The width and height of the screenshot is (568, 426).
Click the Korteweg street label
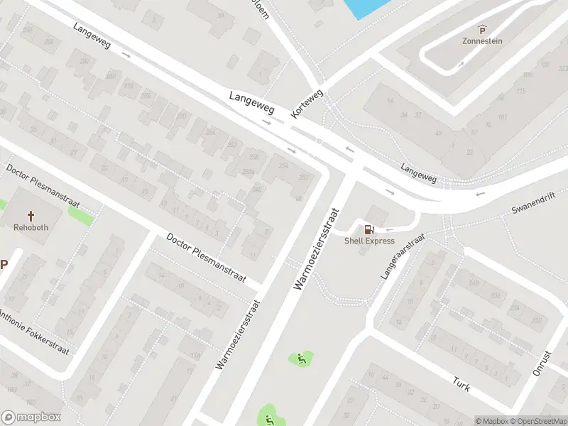[x=307, y=104]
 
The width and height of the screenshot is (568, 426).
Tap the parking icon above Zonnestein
[x=483, y=29]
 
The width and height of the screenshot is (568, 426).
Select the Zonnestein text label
[x=483, y=40]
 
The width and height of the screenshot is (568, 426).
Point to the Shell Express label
[x=369, y=241]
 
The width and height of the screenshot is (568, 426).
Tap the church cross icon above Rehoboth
[x=31, y=215]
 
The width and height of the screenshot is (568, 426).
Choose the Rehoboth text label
[x=31, y=227]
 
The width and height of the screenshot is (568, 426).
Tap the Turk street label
[x=461, y=383]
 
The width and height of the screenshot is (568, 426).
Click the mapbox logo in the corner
[x=31, y=417]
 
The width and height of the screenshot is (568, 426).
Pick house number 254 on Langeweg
[x=284, y=165]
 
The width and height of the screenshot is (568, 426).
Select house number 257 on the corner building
[x=304, y=177]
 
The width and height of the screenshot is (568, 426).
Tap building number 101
[x=503, y=117]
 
